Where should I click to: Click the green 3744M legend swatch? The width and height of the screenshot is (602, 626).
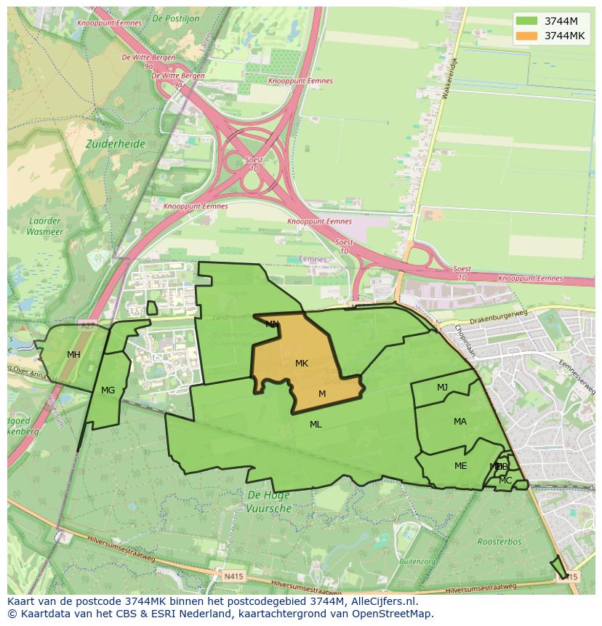point(526,21)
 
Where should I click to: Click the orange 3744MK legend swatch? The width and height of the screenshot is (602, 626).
point(526,36)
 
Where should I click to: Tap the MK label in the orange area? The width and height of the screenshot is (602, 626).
point(302,363)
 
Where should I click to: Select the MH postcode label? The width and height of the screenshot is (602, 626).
point(73,355)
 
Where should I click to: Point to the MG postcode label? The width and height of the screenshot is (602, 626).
point(108,390)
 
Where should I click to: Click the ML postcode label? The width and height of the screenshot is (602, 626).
point(316,425)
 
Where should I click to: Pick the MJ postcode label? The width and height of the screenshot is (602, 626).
point(442,388)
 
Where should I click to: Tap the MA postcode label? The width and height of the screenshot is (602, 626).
point(460,422)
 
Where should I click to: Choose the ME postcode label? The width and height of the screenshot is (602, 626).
point(460,466)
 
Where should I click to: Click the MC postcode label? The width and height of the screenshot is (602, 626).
point(505,481)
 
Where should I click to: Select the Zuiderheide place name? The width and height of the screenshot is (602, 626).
point(115,144)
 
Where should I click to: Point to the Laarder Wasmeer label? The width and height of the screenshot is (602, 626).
point(45,227)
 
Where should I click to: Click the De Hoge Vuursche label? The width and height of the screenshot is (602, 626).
point(269,502)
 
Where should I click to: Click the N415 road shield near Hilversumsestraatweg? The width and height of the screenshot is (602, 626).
point(233,577)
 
